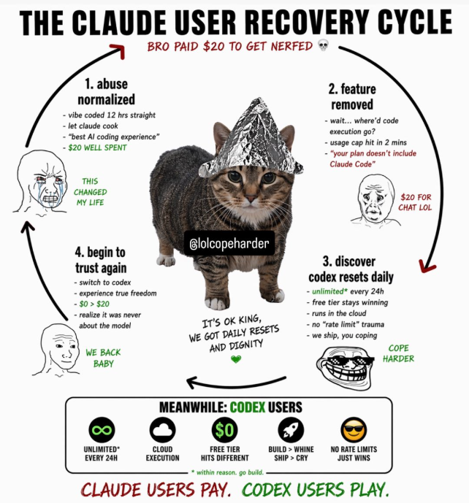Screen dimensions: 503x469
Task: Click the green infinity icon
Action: coord(103,429)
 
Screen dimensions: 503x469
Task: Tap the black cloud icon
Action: coord(162,429)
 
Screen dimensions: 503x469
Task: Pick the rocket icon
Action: coord(290,429)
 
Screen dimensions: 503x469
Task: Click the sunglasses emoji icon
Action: coord(354,429)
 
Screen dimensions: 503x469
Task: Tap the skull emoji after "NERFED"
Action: coord(324,46)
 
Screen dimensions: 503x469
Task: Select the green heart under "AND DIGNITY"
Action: coord(235,358)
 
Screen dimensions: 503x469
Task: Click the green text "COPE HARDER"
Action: coord(398,353)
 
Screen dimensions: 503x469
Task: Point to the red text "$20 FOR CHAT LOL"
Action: coord(415,202)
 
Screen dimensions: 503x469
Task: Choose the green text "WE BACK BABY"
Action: coord(103,358)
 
